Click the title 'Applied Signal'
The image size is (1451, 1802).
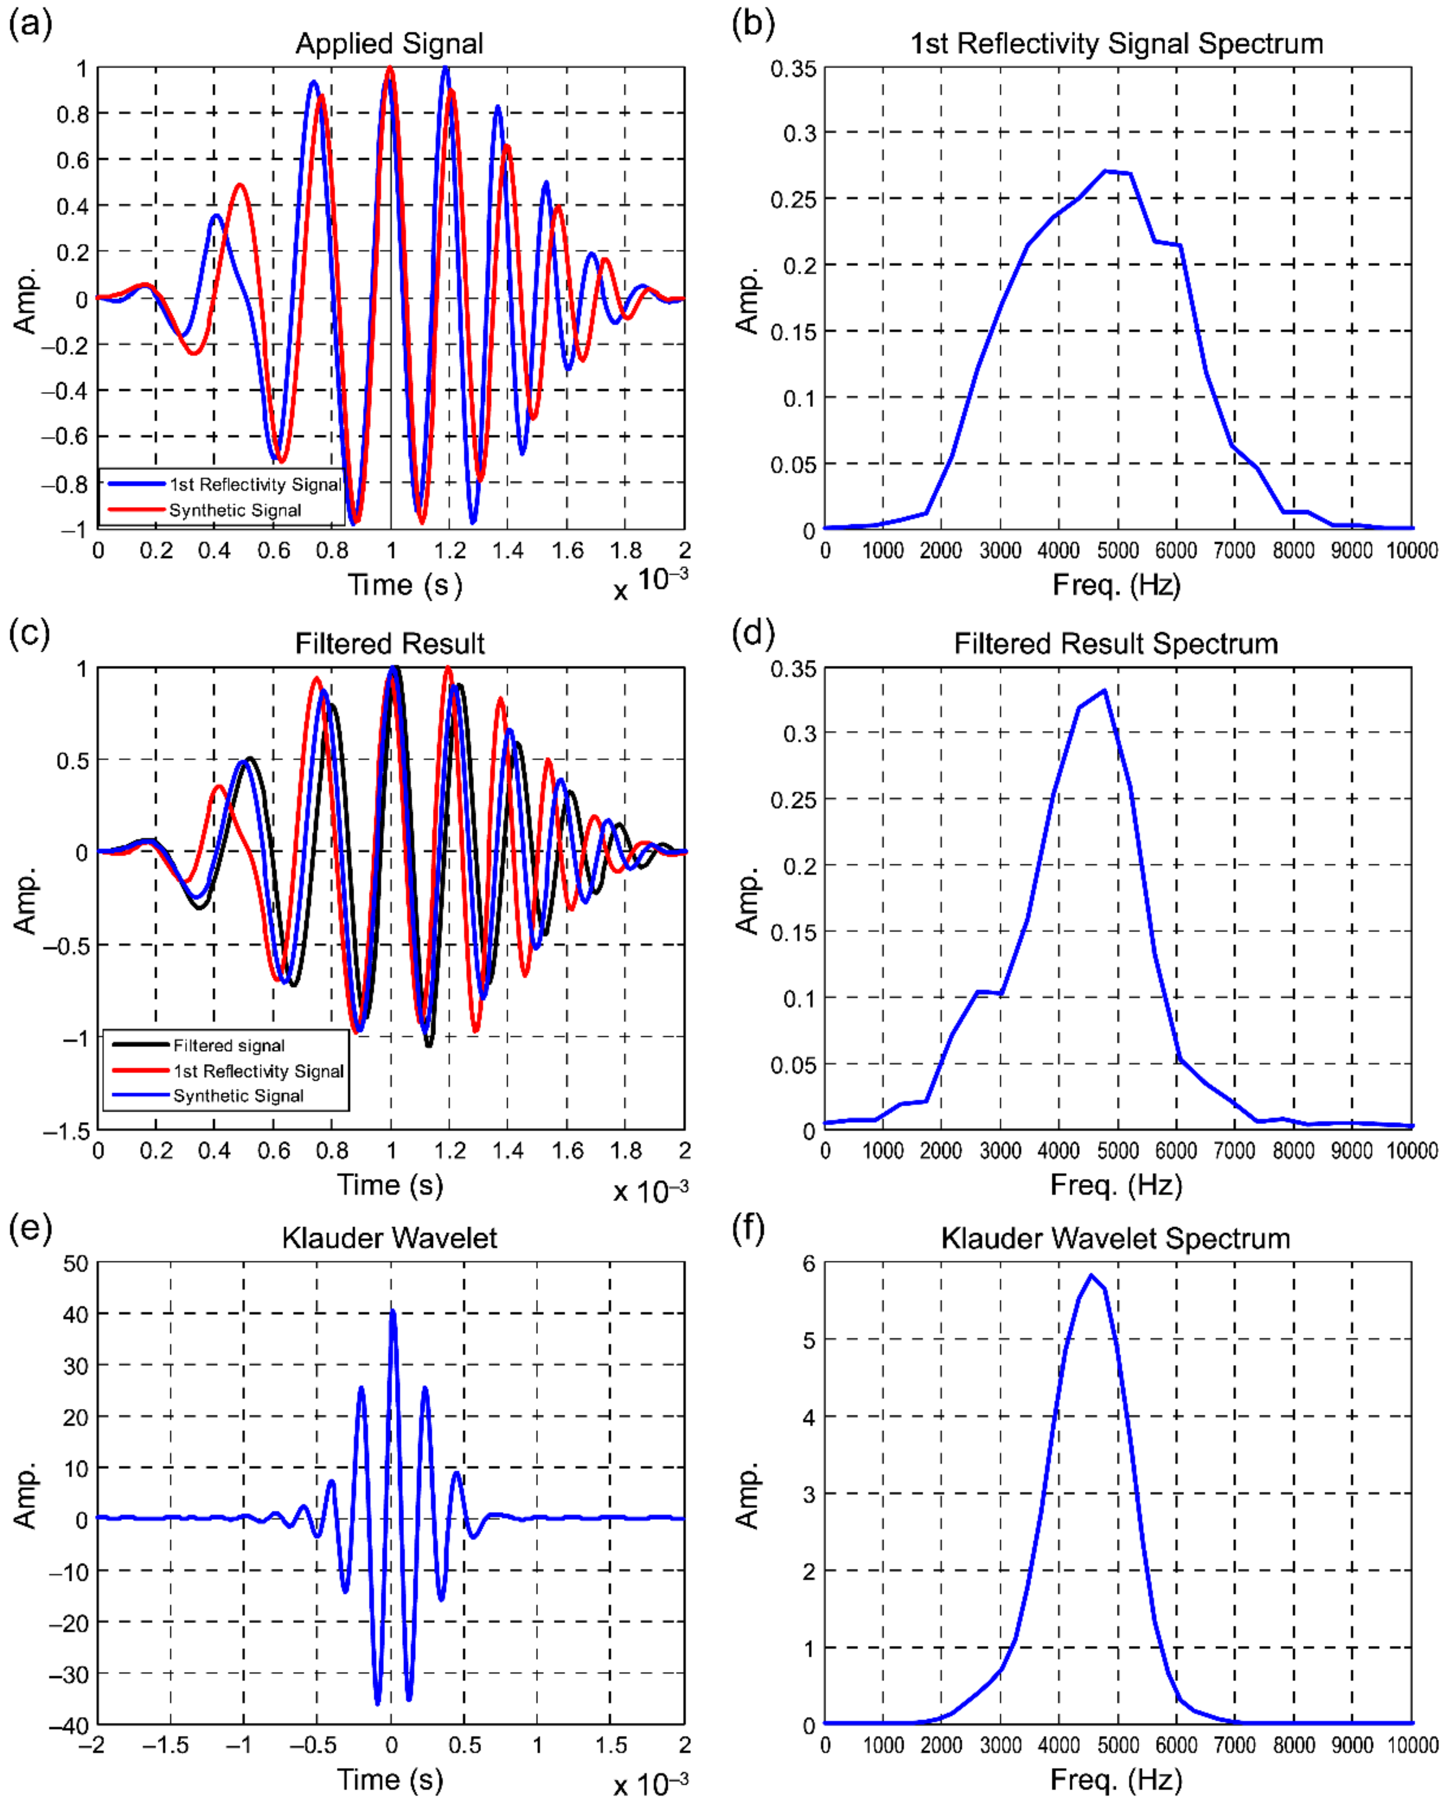(x=389, y=43)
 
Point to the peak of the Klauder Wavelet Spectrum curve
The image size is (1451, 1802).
(x=1091, y=1275)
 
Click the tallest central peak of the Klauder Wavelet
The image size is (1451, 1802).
(x=393, y=1311)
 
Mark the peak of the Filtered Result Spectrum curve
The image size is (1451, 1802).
(x=1105, y=691)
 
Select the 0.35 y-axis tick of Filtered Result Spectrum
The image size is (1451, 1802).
(x=793, y=669)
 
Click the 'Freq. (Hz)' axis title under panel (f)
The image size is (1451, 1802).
(x=1116, y=1779)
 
